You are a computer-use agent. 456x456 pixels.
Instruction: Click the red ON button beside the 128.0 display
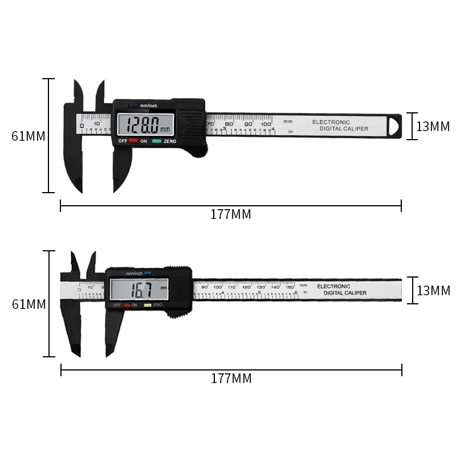pos(133,141)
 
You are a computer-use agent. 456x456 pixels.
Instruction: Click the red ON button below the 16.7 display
pos(127,306)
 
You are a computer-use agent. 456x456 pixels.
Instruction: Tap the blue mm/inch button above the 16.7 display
pos(147,273)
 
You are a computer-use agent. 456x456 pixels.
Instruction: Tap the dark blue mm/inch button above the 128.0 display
pos(133,105)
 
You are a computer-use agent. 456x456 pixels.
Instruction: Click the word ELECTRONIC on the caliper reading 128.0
pos(331,122)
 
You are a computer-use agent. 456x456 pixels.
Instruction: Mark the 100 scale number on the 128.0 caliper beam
pos(266,124)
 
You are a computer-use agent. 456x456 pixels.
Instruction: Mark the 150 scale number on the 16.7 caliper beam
pos(290,287)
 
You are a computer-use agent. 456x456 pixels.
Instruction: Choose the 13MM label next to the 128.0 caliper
pos(433,127)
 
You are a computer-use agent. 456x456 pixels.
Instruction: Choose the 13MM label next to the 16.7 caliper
pos(433,291)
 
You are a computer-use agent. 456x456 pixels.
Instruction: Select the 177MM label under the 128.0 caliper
pos(230,215)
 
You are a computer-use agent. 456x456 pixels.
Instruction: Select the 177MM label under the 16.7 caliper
pos(231,378)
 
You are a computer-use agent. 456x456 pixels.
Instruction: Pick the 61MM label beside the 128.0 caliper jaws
pos(28,137)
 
